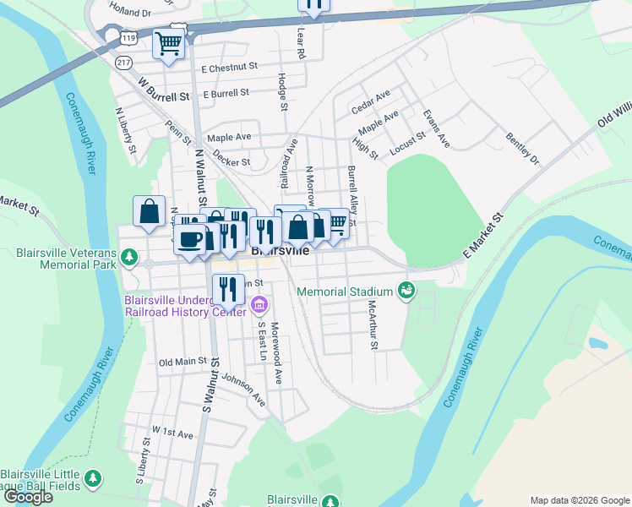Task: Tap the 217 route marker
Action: [x=123, y=63]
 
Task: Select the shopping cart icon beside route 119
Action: [x=168, y=43]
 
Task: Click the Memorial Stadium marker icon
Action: [x=406, y=291]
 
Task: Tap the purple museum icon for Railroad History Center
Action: [x=259, y=304]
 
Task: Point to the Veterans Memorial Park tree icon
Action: [x=128, y=256]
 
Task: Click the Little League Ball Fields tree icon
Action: [x=94, y=478]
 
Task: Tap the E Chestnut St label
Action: [x=229, y=66]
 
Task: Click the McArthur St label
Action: [x=370, y=324]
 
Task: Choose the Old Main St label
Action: [x=183, y=362]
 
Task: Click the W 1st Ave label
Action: [x=172, y=432]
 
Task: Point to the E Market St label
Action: [x=482, y=235]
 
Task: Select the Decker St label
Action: [x=232, y=161]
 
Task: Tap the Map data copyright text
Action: [x=580, y=500]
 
